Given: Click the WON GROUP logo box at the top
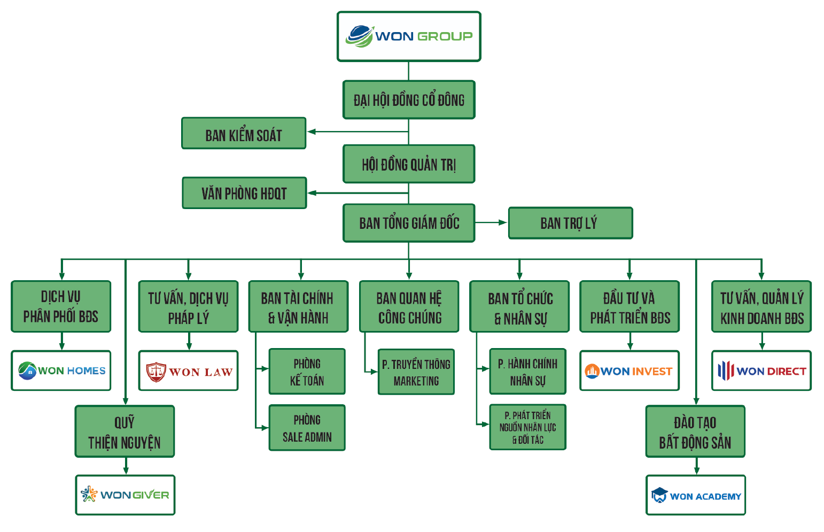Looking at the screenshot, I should [409, 36].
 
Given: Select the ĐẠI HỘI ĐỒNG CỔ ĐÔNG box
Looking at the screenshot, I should [409, 100].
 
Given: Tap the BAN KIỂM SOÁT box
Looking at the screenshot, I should [244, 134].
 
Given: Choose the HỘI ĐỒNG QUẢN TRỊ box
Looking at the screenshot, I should [409, 164].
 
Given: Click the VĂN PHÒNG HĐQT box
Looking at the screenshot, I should [244, 193].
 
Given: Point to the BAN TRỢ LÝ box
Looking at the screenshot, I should [570, 223].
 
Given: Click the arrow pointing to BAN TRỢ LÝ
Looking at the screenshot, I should [502, 222].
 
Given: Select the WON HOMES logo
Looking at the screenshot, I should [61, 371].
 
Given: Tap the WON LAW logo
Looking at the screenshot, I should [188, 371].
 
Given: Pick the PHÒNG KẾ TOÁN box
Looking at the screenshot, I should [307, 372].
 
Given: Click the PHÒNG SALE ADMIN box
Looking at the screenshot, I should [307, 428].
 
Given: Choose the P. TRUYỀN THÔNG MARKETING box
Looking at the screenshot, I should [416, 372].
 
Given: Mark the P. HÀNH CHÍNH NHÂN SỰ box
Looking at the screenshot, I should [527, 372].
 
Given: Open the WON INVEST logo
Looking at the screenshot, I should [629, 371].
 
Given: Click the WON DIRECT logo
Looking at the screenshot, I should [761, 371].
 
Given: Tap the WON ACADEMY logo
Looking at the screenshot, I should [696, 496].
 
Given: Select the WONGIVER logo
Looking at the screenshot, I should [125, 495].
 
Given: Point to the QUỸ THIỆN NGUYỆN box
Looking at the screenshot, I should [125, 432].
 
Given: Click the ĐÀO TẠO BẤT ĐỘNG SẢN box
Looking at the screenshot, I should [695, 432].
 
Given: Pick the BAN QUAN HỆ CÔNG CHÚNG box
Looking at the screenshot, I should [409, 307].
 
